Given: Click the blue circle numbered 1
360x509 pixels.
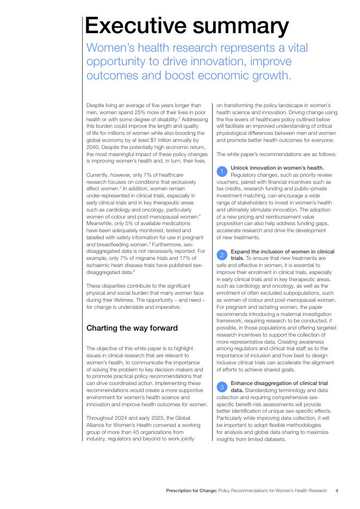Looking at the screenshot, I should [x=222, y=172].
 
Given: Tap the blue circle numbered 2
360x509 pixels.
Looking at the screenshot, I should [x=222, y=255].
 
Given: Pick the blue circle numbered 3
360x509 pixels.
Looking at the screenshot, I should [x=222, y=387].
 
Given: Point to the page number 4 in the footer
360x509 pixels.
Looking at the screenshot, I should [x=337, y=491].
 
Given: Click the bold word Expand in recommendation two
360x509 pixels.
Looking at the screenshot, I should [x=241, y=251].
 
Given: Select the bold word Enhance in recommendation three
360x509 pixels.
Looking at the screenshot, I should [x=242, y=383].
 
